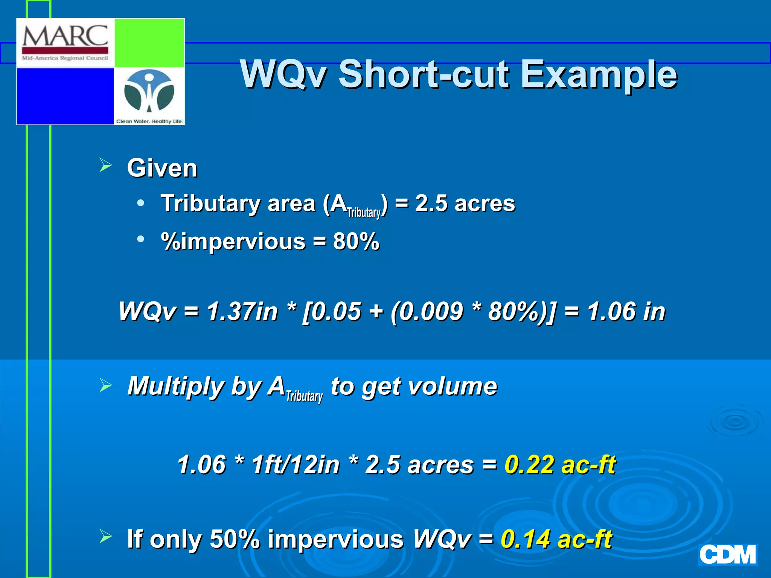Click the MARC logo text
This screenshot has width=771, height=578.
tap(65, 37)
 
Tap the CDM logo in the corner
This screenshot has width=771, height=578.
tap(727, 555)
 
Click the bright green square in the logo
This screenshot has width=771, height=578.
tap(149, 43)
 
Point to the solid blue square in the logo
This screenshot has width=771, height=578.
tap(66, 96)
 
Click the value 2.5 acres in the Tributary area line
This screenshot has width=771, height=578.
tap(465, 204)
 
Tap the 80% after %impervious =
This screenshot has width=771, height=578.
tap(356, 241)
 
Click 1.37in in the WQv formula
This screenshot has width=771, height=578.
tap(242, 312)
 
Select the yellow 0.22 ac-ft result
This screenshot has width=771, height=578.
tap(560, 464)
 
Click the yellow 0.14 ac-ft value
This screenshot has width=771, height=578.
tap(556, 539)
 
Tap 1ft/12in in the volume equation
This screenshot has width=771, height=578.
tap(296, 464)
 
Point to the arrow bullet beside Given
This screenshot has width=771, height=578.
tap(106, 165)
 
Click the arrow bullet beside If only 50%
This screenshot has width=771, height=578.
tap(106, 536)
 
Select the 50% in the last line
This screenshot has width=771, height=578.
tap(235, 539)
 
